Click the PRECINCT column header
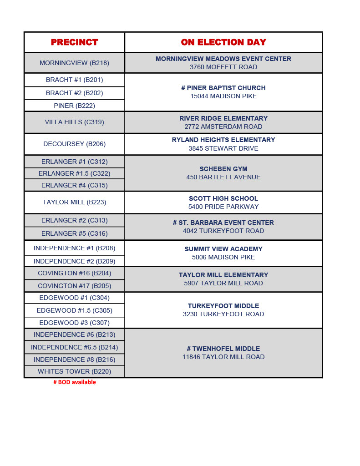[74, 42]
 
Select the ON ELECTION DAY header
[223, 42]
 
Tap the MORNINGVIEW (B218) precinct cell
[74, 63]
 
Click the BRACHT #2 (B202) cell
[74, 93]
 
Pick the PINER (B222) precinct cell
[74, 106]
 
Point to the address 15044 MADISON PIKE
[223, 96]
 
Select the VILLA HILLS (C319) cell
[74, 122]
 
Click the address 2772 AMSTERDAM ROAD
[223, 127]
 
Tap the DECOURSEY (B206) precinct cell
[74, 144]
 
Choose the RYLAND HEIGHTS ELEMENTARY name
[223, 140]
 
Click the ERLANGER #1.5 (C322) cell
[74, 173]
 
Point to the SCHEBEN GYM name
[223, 169]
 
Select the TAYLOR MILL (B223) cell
[74, 202]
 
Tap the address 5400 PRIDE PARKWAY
[223, 207]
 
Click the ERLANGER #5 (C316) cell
[74, 233]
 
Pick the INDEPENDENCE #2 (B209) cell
[74, 261]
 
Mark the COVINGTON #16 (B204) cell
[74, 273]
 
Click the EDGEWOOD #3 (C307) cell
[74, 323]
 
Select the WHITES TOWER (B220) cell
[74, 371]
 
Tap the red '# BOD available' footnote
[75, 382]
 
